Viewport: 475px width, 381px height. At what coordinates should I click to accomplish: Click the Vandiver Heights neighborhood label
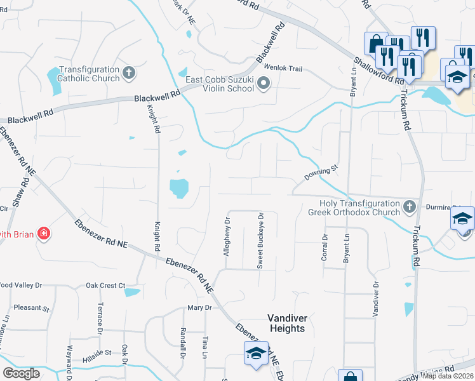point(286,323)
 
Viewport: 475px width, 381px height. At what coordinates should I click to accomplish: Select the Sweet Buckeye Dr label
point(260,241)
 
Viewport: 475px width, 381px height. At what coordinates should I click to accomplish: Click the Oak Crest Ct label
point(105,286)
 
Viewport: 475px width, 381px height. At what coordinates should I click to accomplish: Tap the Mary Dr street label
point(199,307)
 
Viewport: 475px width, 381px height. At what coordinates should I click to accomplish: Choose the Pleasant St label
point(31,309)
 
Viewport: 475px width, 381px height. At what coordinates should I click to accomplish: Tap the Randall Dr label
point(183,342)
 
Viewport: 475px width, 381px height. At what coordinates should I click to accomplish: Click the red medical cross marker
point(43,234)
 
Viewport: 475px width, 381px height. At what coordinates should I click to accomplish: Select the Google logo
point(21,373)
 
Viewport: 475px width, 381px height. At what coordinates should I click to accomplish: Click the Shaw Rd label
point(25,190)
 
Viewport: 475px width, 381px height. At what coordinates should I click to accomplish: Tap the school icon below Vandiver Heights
point(255,352)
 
